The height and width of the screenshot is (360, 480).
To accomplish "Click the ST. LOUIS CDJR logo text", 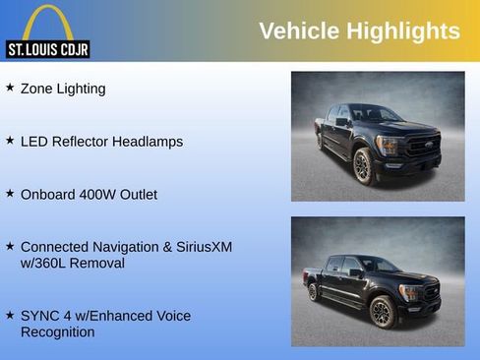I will [x=47, y=48].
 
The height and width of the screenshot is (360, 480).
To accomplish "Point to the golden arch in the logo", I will [x=47, y=22].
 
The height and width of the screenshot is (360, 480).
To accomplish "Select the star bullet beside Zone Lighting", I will [x=10, y=88].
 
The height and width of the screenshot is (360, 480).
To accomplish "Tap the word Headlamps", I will [x=148, y=142].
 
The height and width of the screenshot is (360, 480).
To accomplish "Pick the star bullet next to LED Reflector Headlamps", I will [x=10, y=141].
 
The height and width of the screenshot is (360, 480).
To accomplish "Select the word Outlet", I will [x=138, y=195].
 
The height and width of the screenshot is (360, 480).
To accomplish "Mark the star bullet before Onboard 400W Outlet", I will [x=10, y=194].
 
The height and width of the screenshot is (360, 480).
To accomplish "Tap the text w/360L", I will [x=46, y=264].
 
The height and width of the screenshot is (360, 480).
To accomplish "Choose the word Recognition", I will [x=58, y=332].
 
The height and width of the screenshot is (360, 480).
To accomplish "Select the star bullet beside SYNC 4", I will [x=10, y=315].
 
